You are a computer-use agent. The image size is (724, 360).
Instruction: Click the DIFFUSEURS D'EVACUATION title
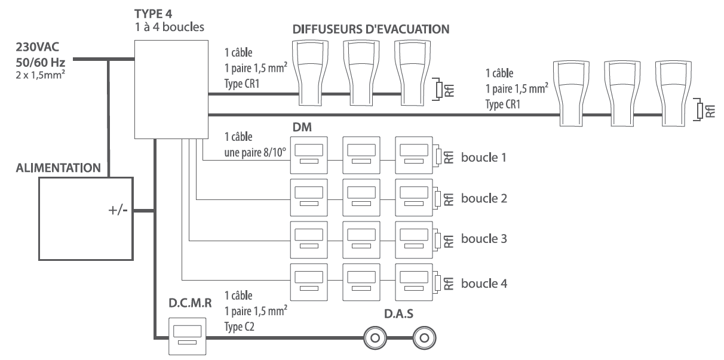(x=371, y=28)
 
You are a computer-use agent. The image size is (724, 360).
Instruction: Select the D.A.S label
(x=398, y=313)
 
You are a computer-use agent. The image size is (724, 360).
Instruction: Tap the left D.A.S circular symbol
(x=375, y=339)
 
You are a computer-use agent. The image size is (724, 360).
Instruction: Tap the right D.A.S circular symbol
(x=424, y=339)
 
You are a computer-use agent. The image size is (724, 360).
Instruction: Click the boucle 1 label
(x=484, y=158)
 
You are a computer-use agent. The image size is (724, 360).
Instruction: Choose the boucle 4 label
(x=484, y=284)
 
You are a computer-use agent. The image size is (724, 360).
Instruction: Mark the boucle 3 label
(x=484, y=239)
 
